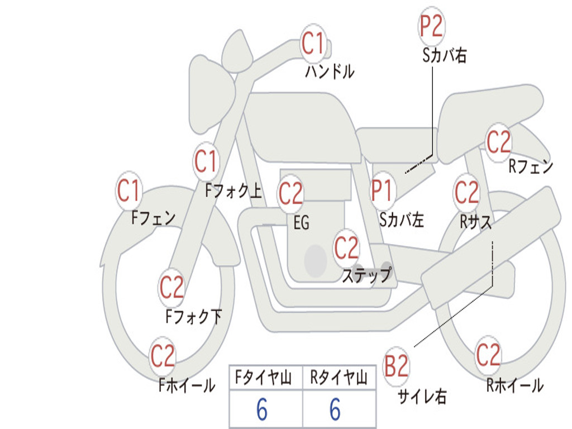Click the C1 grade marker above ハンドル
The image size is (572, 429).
(313, 43)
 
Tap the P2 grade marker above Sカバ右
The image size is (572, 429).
(431, 26)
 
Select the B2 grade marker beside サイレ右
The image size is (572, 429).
(397, 367)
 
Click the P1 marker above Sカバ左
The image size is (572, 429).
(383, 190)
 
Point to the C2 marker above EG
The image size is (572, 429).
(290, 194)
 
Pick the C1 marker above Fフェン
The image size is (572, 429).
(129, 190)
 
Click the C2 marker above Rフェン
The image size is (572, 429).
(499, 142)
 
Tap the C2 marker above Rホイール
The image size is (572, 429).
(488, 355)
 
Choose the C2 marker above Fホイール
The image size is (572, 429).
(163, 356)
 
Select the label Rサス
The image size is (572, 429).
(476, 221)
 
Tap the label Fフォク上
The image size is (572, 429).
(233, 192)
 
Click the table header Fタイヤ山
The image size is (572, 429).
(265, 379)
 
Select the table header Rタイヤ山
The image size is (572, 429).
(339, 379)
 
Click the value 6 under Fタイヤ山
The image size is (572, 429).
(262, 411)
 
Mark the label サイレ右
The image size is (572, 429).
(422, 397)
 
